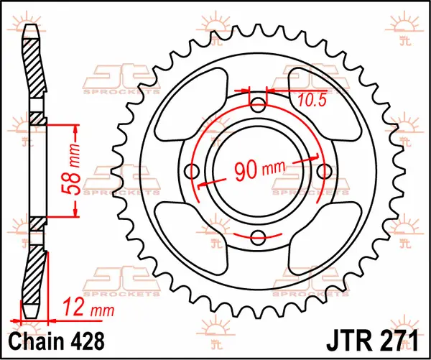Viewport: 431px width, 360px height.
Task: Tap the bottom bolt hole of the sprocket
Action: pos(258,238)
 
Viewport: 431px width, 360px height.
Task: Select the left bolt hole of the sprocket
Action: pos(191,171)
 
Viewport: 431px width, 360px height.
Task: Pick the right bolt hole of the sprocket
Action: pos(325,171)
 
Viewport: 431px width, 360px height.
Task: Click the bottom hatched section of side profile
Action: pos(34,280)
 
